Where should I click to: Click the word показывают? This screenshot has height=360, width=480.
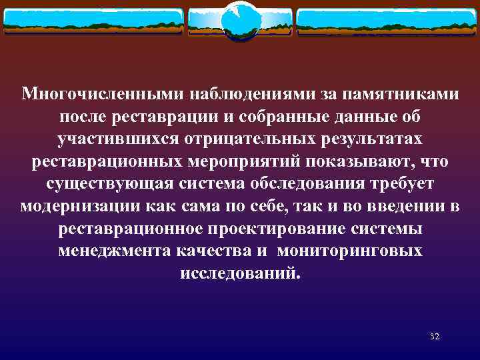click(374, 162)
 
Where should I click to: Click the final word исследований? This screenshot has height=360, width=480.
click(240, 273)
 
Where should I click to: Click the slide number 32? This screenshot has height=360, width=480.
click(434, 336)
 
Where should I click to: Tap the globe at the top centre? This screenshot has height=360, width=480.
click(239, 22)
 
